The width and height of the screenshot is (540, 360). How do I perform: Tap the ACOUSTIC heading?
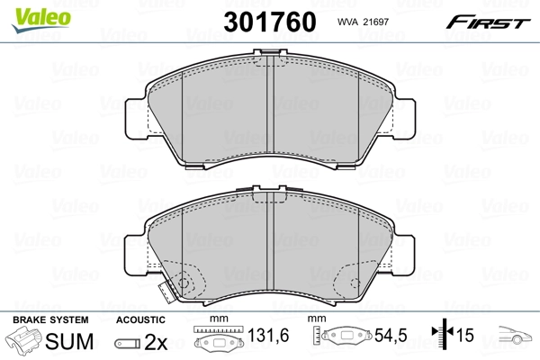point(141,320)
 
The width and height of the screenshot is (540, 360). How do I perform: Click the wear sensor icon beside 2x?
point(129,343)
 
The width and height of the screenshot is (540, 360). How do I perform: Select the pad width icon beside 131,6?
point(219,341)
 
